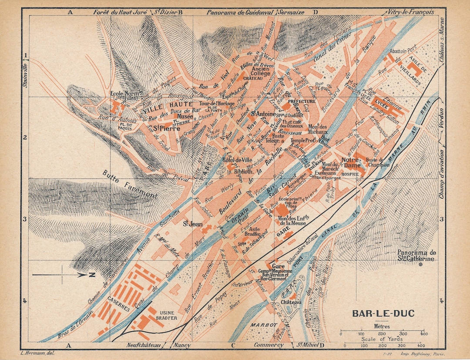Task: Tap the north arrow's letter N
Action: pyautogui.click(x=92, y=275)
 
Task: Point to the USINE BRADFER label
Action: pyautogui.click(x=166, y=315)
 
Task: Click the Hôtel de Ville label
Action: pyautogui.click(x=235, y=160)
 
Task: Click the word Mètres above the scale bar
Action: pyautogui.click(x=382, y=326)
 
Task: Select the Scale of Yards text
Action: pyautogui.click(x=382, y=339)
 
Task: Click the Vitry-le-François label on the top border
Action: pyautogui.click(x=411, y=12)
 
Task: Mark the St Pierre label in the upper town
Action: pyautogui.click(x=162, y=128)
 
